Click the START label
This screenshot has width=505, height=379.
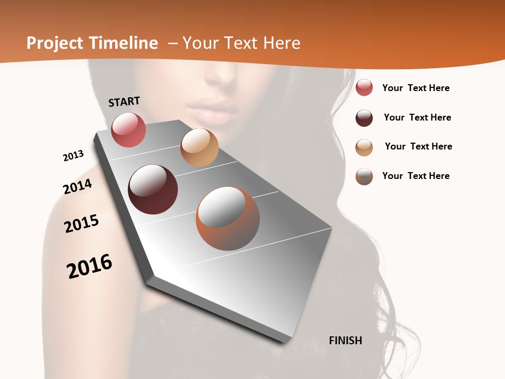[x=124, y=102]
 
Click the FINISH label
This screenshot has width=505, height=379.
[x=346, y=341]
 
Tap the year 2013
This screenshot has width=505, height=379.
[x=73, y=156]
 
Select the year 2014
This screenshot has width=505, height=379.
[x=77, y=186]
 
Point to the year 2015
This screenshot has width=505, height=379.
[x=82, y=224]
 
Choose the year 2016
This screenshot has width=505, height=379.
[x=89, y=266]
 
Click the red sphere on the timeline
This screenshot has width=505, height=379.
[x=128, y=129]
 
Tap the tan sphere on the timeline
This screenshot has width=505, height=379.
[x=199, y=147]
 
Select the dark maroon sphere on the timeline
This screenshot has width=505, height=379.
[x=153, y=189]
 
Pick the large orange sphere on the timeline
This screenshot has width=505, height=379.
[x=228, y=218]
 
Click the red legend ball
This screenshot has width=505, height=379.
[x=364, y=88]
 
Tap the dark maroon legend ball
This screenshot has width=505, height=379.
[x=364, y=118]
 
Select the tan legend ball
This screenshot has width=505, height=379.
[x=364, y=147]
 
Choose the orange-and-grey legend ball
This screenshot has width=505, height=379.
[x=364, y=176]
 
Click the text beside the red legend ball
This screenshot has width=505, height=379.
[x=416, y=88]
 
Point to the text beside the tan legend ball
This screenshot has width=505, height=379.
[x=418, y=146]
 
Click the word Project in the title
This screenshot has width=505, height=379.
[x=55, y=43]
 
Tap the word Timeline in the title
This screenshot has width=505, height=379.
[x=124, y=43]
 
